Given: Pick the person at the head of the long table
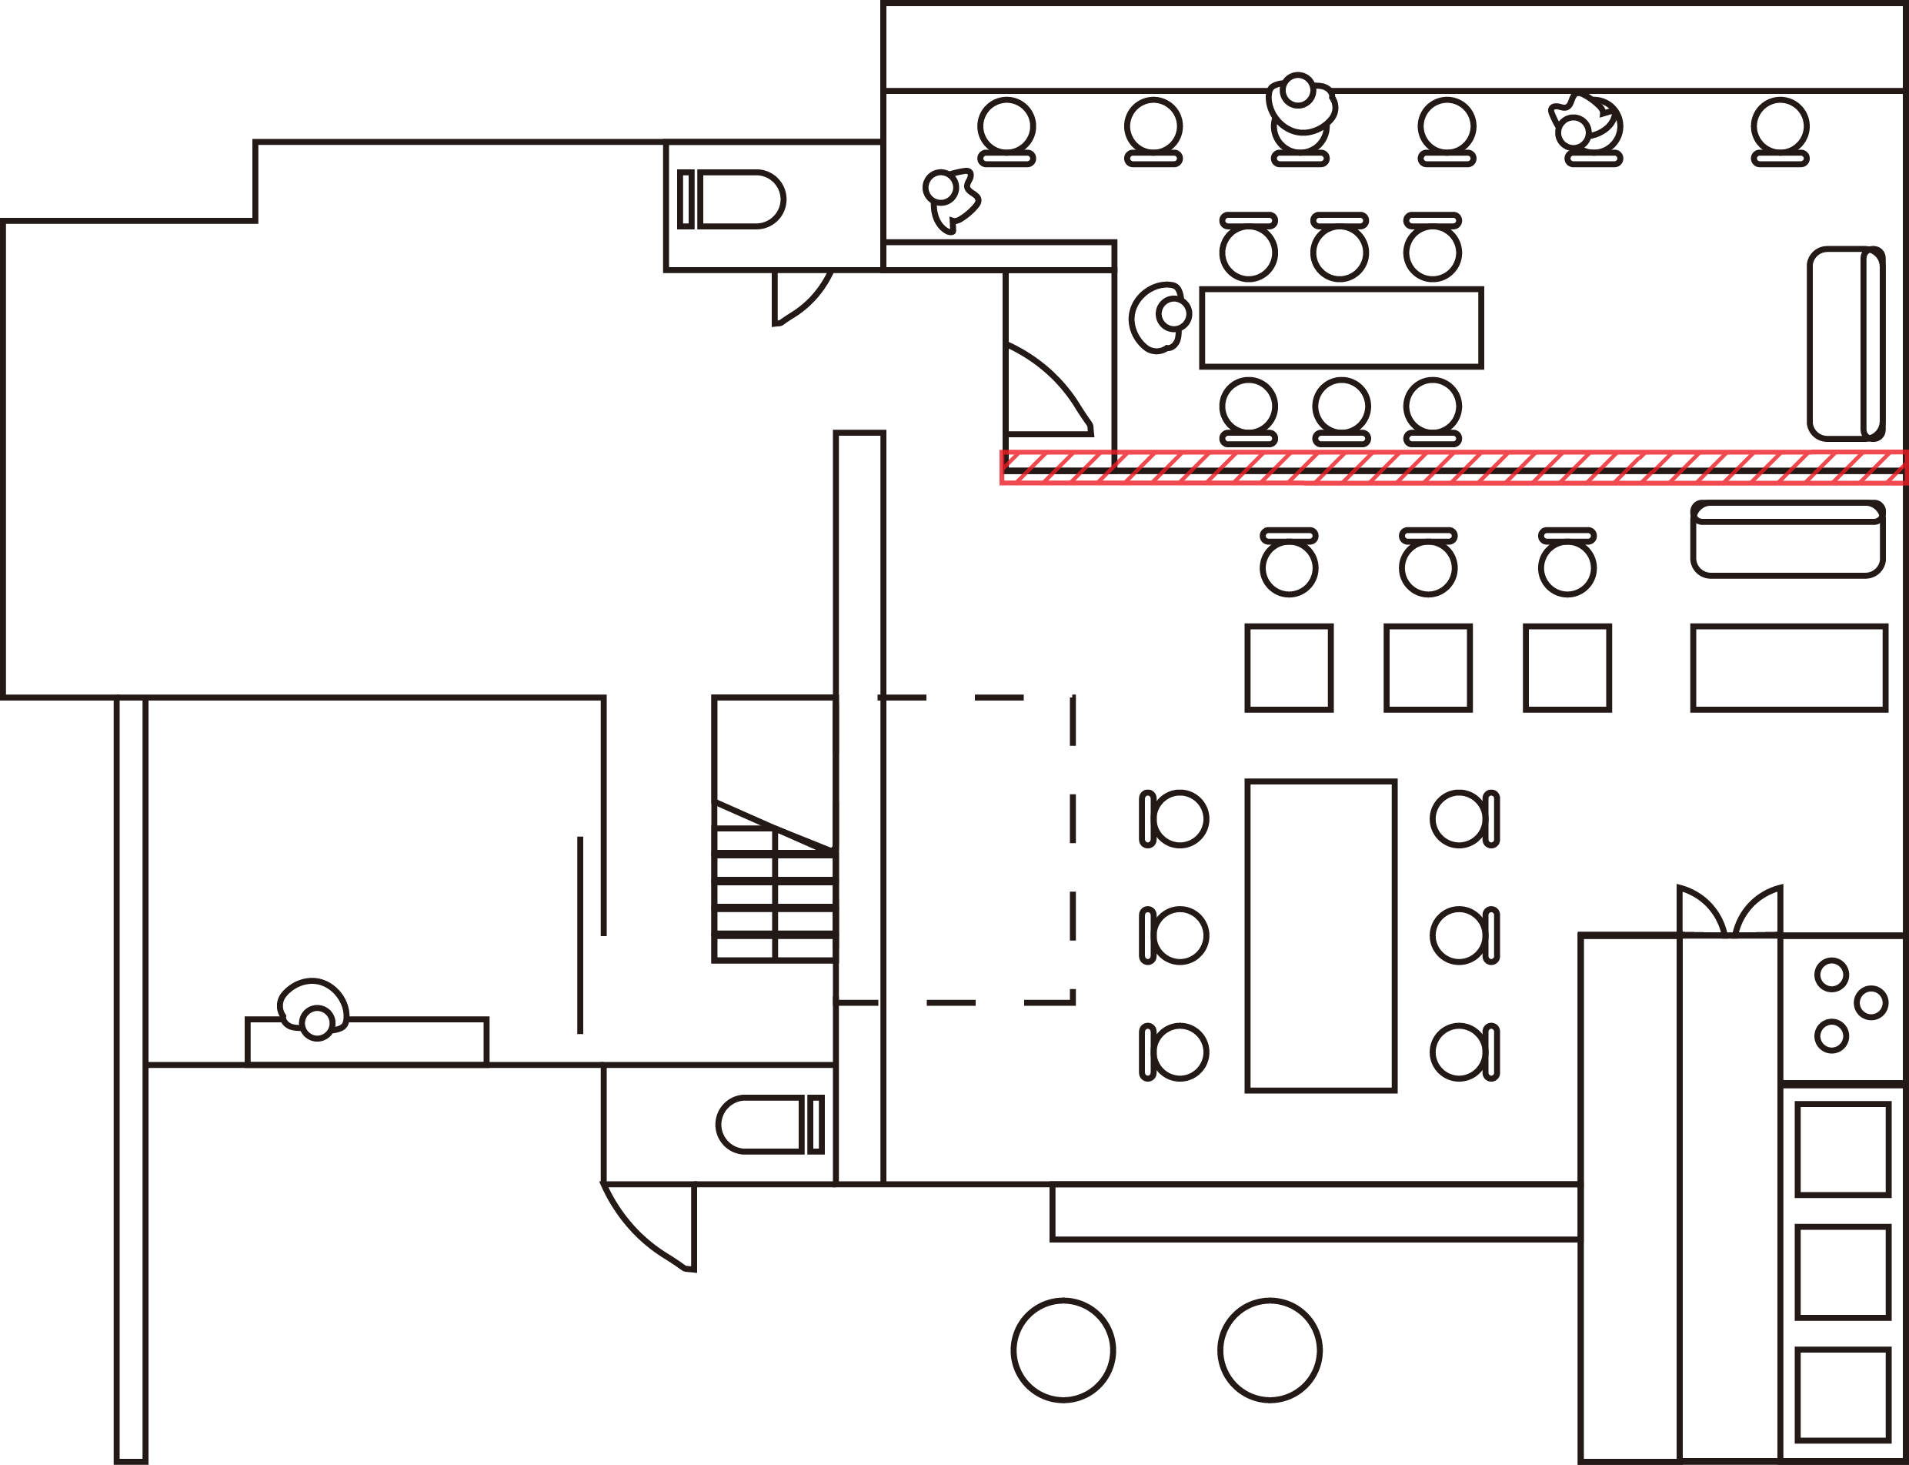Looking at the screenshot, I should click(1160, 316).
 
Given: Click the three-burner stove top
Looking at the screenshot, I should click(1843, 1007).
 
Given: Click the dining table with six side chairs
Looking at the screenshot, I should click(1320, 935).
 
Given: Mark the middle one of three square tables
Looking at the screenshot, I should click(1428, 668).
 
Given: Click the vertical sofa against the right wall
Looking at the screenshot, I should click(1846, 343).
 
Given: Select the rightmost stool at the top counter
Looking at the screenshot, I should click(1780, 131).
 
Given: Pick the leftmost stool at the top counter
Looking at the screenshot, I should click(1006, 131).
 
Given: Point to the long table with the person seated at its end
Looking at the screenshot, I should click(1341, 328).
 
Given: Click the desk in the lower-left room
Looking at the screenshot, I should click(367, 1041).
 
